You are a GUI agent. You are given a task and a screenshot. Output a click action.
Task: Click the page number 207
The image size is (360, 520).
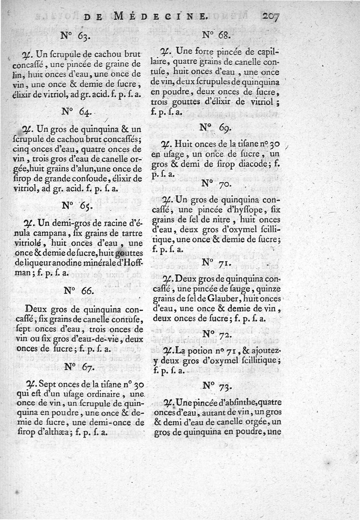(270, 17)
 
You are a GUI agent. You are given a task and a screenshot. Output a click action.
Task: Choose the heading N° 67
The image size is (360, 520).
(76, 367)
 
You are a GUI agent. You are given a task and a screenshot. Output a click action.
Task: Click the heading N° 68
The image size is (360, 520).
(216, 34)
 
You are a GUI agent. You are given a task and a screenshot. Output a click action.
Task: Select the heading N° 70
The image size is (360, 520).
(216, 184)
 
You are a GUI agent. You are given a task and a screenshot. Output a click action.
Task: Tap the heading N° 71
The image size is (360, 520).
(216, 262)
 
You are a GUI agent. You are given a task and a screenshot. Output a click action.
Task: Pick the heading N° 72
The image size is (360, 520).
(216, 334)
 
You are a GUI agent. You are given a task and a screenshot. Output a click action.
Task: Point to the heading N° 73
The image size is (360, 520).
(216, 385)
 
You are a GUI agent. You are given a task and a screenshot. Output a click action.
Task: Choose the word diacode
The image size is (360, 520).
(251, 163)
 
